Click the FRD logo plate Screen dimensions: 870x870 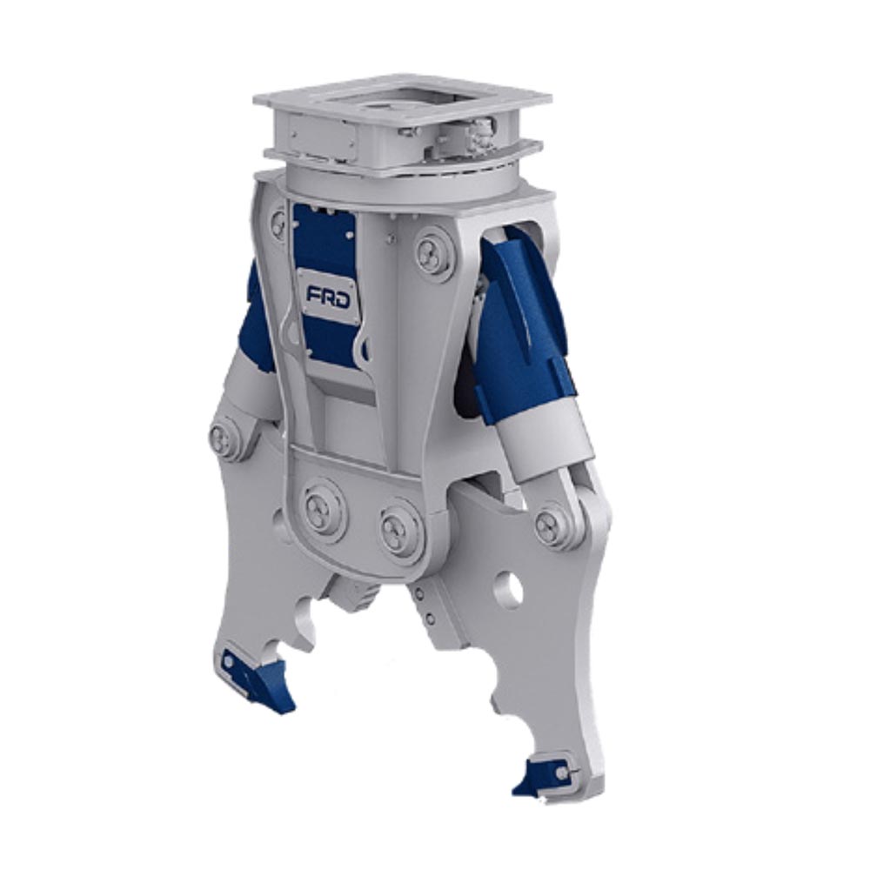click(x=329, y=295)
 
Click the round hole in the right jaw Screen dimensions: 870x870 click(x=508, y=590)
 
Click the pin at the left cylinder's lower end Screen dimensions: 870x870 click(x=224, y=437)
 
